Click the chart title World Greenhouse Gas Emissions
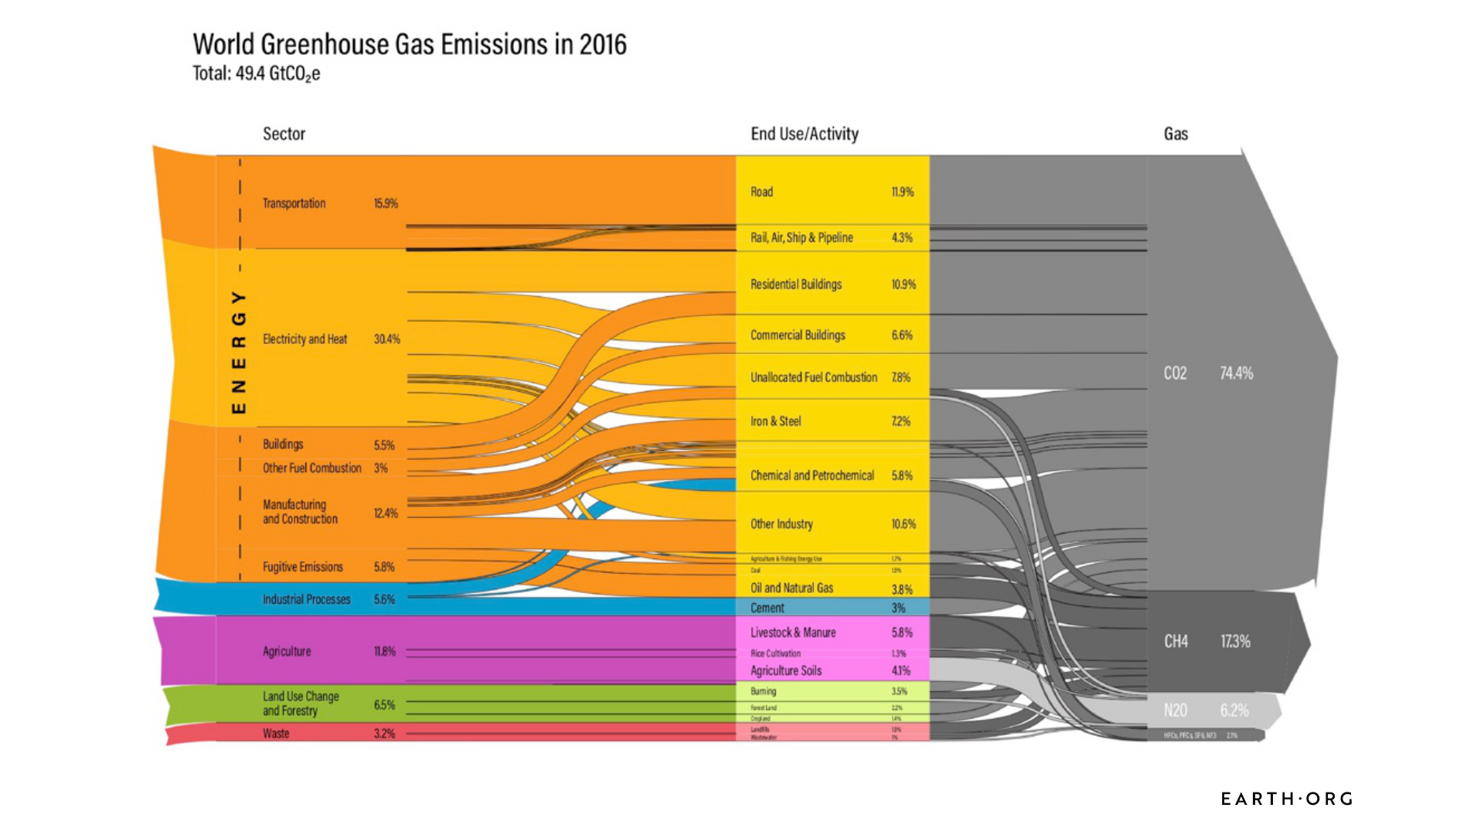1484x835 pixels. click(x=409, y=45)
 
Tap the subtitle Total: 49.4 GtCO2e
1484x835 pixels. click(x=256, y=74)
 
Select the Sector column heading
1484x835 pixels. click(x=284, y=134)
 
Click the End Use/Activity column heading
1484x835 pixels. click(x=804, y=134)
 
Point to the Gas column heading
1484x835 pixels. click(x=1175, y=134)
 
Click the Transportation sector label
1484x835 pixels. click(x=294, y=203)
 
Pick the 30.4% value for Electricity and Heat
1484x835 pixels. click(x=386, y=339)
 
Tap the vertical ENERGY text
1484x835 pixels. click(x=239, y=352)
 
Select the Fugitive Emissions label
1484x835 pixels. click(x=302, y=567)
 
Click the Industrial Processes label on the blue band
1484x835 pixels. click(x=306, y=599)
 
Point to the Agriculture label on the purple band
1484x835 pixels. click(x=287, y=652)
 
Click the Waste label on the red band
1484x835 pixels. click(x=276, y=734)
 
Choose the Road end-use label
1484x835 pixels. click(x=761, y=192)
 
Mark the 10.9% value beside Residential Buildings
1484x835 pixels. click(x=903, y=285)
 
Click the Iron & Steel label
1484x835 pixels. click(x=775, y=421)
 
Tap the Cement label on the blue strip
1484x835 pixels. click(x=767, y=608)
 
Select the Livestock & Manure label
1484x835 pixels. click(x=793, y=632)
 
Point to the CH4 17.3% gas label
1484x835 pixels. click(x=1207, y=642)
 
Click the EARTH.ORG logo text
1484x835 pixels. click(x=1286, y=799)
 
